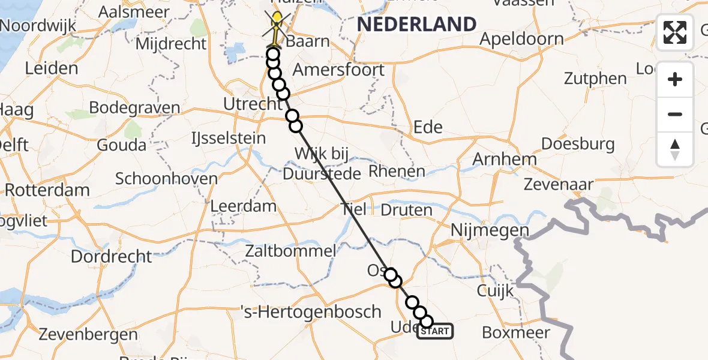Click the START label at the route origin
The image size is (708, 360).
coord(435,331)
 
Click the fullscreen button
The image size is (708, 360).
coord(675,32)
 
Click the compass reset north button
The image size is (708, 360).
coord(675,149)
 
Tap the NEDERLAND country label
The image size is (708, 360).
coord(417,25)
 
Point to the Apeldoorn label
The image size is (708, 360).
coord(522,40)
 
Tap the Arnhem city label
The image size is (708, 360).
coord(505,159)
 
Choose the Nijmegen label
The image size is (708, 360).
coord(491,230)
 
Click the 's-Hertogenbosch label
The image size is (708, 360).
coord(311,311)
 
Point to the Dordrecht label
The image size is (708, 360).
coord(112,256)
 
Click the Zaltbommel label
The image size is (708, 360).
coord(290,251)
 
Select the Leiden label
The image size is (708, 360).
coord(52,68)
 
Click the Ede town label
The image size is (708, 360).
coord(428,127)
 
